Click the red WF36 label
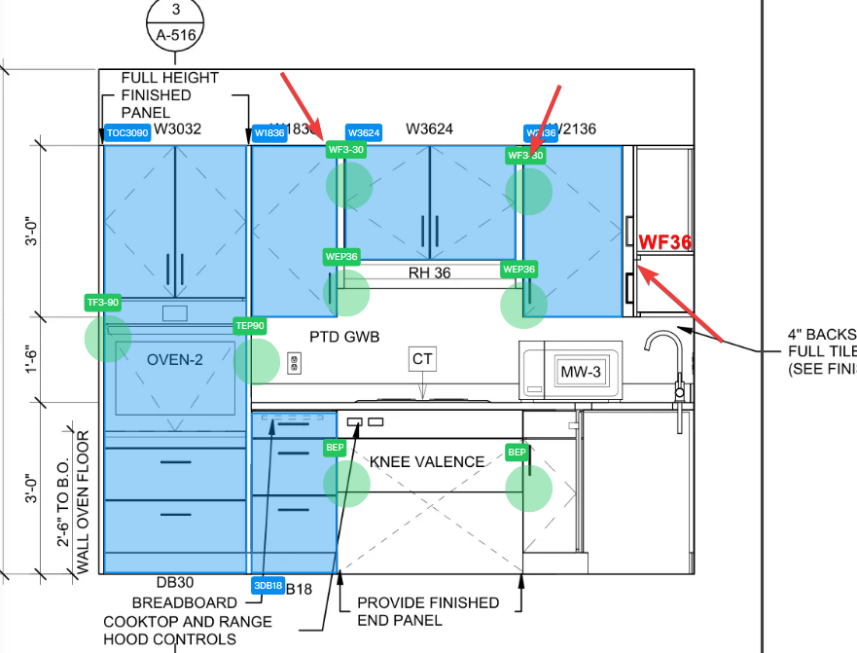(x=665, y=242)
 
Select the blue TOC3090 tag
(x=127, y=133)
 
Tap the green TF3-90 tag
(x=103, y=303)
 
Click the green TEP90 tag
(x=250, y=326)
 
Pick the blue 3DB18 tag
(x=268, y=585)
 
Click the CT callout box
(x=422, y=359)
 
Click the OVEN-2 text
(x=175, y=360)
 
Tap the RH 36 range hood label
(x=429, y=272)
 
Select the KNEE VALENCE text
(x=427, y=461)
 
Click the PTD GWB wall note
(x=344, y=337)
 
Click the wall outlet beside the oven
(x=295, y=364)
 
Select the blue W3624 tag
(x=364, y=132)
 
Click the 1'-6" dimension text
(x=32, y=357)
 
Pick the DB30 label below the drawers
(x=175, y=583)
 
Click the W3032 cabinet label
(x=177, y=129)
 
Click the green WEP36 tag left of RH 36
(x=342, y=257)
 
